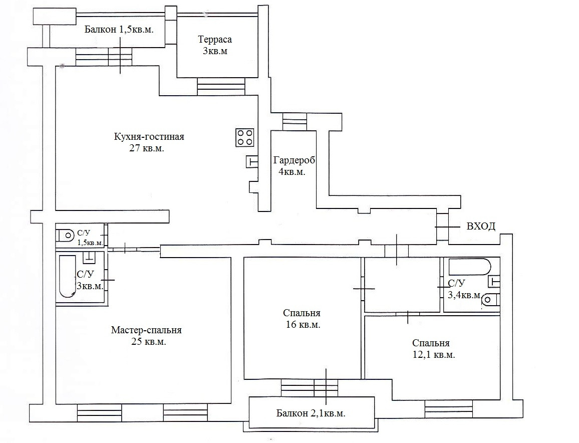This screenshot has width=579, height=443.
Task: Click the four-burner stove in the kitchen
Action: (x=245, y=137)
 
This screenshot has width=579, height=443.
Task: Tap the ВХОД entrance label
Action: (x=481, y=226)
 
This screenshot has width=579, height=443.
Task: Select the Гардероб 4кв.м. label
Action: (x=294, y=166)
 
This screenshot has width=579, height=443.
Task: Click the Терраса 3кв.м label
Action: (x=215, y=45)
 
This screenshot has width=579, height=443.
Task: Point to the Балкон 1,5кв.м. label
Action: (x=119, y=30)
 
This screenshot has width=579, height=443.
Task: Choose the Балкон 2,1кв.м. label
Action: (x=311, y=413)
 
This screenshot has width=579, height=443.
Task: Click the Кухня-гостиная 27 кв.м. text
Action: (x=149, y=142)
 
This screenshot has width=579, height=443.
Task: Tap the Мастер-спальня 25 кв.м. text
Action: (x=147, y=335)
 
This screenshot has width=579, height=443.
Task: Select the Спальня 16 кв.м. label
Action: (x=302, y=319)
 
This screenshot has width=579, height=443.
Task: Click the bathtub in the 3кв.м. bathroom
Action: (x=67, y=276)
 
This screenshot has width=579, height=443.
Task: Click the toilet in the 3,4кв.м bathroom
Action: (x=491, y=299)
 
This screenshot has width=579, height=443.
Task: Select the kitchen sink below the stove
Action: (x=252, y=161)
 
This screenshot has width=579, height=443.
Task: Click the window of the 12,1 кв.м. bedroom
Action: (x=448, y=409)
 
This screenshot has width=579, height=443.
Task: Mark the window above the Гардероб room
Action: (x=295, y=122)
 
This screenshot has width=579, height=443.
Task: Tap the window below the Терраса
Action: (x=221, y=87)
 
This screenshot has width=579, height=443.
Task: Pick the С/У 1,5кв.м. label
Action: (x=90, y=238)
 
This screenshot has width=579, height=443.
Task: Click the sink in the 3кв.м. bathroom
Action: (x=89, y=258)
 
